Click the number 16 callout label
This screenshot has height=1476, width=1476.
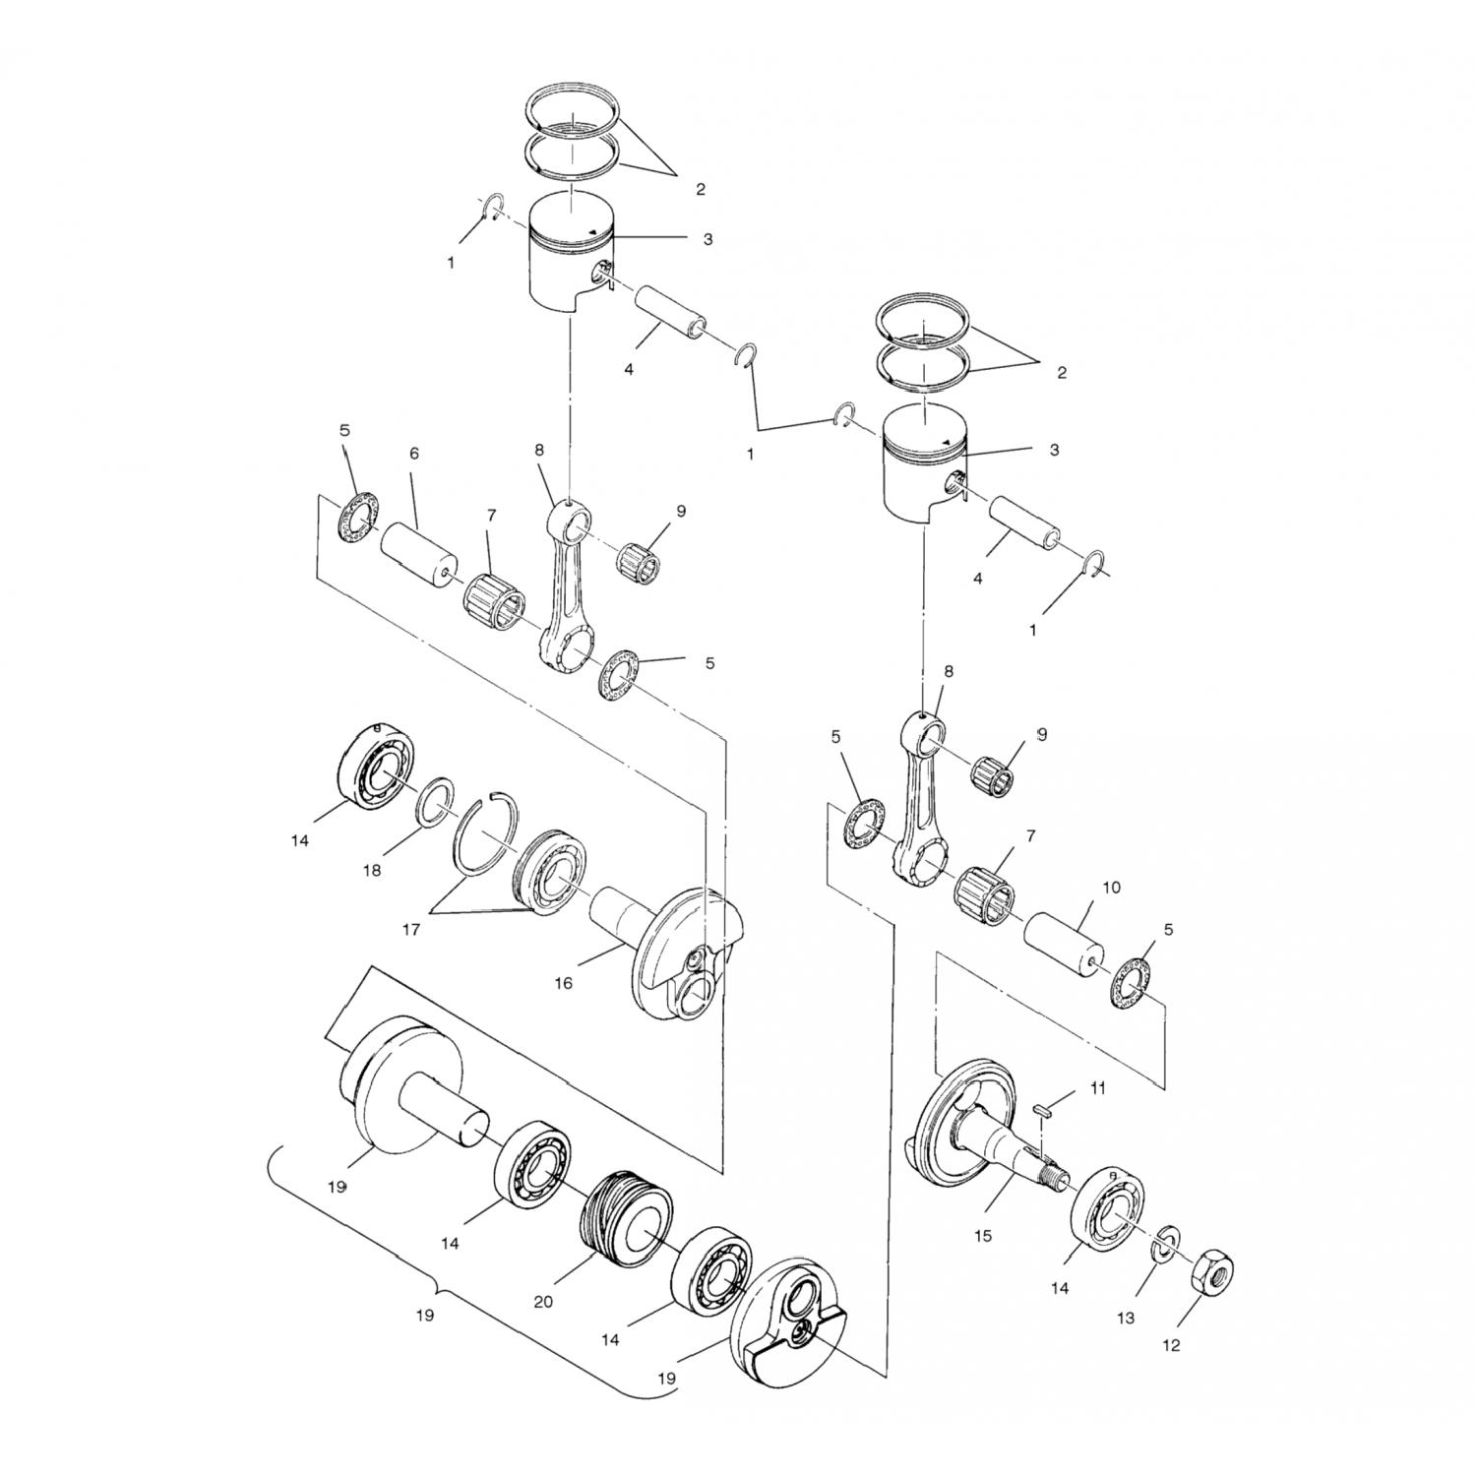point(563,983)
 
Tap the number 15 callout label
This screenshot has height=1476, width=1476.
point(983,1235)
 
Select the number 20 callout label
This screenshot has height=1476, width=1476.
point(543,1302)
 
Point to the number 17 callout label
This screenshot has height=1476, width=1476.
point(411,928)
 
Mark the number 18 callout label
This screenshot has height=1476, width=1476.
point(371,871)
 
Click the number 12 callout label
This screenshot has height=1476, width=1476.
point(1171,1345)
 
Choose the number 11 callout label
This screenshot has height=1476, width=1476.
point(1098,1088)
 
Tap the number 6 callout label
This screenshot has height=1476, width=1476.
point(414,454)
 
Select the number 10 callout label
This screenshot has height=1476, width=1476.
point(1111,888)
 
